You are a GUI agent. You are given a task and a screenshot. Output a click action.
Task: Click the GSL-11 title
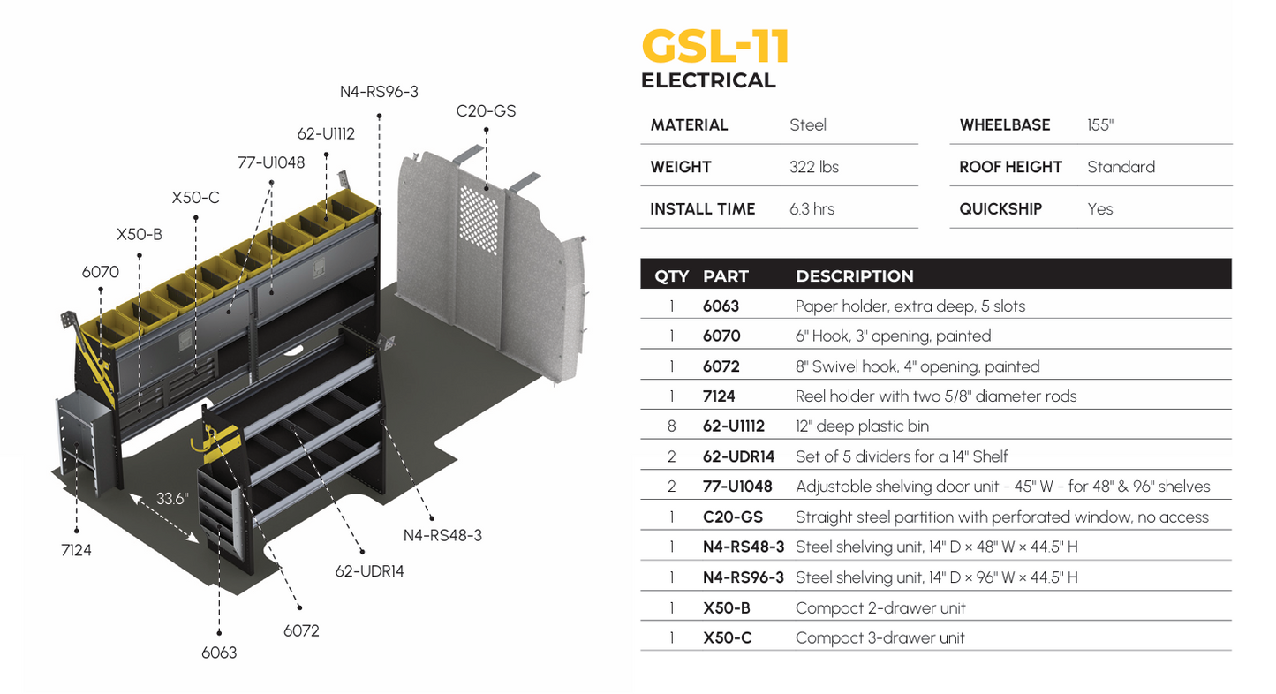714,47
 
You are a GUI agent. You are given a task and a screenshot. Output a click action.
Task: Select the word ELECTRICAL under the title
708,81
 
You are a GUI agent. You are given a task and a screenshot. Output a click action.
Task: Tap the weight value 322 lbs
813,167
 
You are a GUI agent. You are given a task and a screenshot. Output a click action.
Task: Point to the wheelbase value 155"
1100,124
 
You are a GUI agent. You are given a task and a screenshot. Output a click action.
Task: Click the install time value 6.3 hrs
812,209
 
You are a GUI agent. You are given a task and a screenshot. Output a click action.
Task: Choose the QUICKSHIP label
1000,209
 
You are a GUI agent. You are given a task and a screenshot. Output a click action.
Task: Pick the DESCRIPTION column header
854,276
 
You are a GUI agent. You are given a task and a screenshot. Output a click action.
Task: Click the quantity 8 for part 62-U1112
671,426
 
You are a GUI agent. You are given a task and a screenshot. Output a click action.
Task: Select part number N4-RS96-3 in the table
743,577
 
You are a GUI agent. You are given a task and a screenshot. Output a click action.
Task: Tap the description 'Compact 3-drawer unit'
880,637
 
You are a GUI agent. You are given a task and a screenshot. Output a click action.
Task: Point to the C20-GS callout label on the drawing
486,112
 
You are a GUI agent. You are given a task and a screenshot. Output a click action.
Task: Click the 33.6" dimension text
173,498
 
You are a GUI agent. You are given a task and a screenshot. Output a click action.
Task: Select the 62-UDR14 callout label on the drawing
369,570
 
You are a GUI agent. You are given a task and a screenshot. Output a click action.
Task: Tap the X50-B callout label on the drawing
140,235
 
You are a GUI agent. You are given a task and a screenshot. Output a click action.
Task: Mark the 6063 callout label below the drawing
219,653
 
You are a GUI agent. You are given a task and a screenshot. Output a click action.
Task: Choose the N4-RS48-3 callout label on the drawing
442,535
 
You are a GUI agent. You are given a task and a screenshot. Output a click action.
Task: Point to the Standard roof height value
1121,167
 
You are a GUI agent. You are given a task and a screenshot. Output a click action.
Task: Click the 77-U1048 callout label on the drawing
271,162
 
